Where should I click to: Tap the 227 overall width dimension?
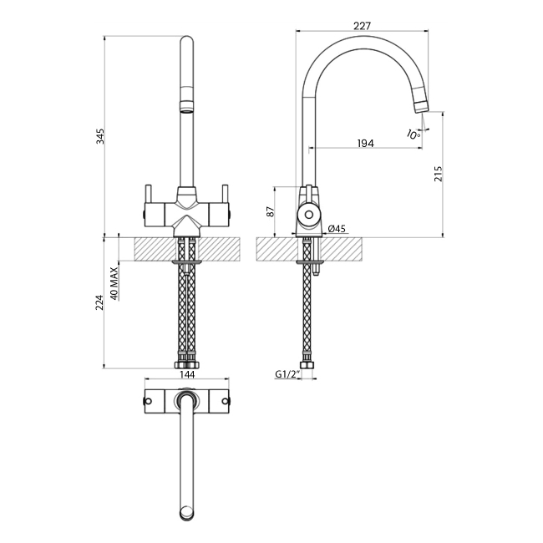pos(362,26)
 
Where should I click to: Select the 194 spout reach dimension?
pos(365,144)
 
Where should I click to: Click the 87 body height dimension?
pos(269,212)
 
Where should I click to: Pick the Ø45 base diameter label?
pos(337,229)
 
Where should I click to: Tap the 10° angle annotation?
pos(413,134)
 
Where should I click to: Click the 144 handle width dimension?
pos(187,376)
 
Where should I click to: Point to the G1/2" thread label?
pos(287,376)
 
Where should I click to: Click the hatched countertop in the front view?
pos(150,249)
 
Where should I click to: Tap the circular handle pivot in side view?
pos(308,215)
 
